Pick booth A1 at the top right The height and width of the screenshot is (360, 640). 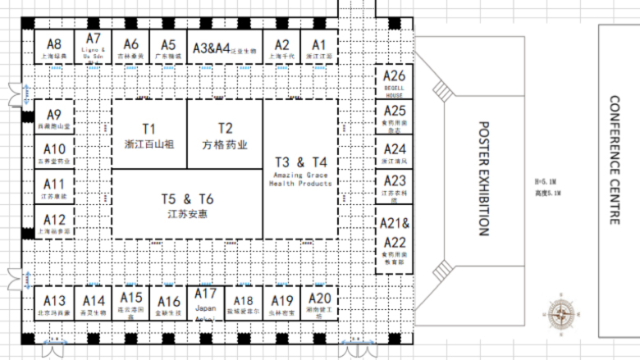tap(319, 48)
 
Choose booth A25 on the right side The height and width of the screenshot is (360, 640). tap(394, 118)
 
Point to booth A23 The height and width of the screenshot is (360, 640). tap(394, 187)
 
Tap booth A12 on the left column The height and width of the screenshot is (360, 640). tap(54, 223)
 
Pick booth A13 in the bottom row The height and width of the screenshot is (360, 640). tap(54, 305)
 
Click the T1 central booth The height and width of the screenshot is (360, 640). tap(149, 135)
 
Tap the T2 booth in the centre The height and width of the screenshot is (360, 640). tap(225, 135)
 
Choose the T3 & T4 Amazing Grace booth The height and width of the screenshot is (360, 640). tap(300, 170)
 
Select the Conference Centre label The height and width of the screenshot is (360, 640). tap(615, 160)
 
